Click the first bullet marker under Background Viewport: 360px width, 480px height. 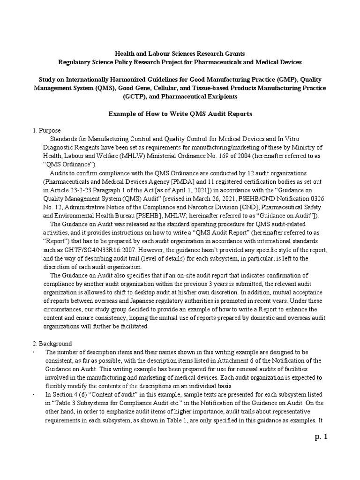pos(34,352)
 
